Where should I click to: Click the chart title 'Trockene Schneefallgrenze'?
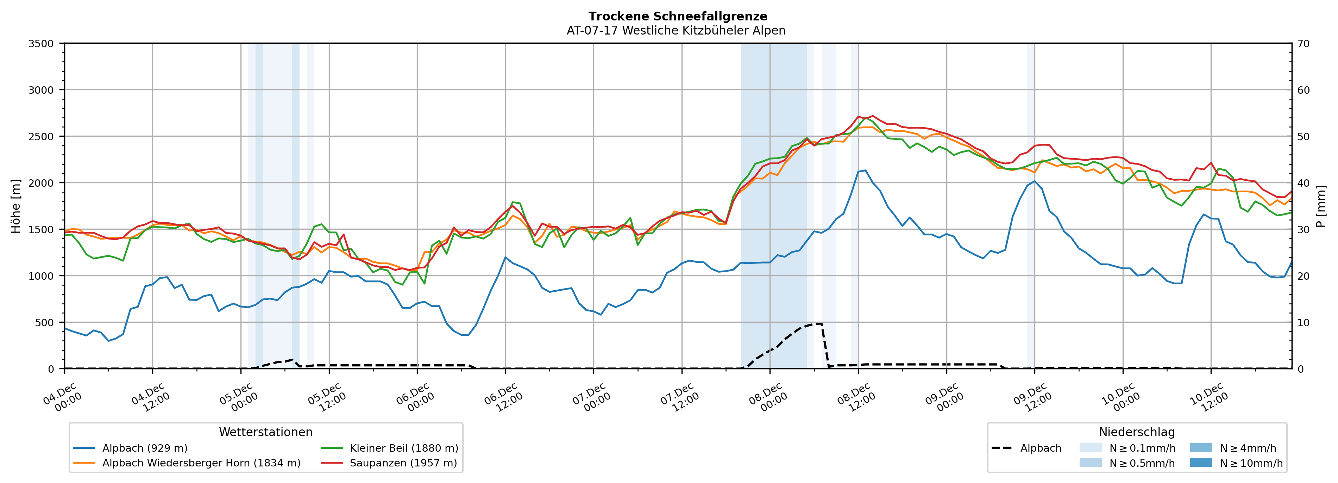click(677, 17)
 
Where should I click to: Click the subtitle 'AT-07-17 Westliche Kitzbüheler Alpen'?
click(676, 31)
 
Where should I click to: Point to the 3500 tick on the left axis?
click(41, 44)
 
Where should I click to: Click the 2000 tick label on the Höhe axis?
click(41, 183)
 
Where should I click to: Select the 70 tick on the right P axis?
click(1303, 44)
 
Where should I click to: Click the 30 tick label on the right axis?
click(1303, 230)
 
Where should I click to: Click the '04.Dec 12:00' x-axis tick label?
click(150, 398)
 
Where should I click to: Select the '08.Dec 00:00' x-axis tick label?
click(767, 398)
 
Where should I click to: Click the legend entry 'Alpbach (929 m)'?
click(144, 448)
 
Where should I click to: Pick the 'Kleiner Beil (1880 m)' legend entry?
click(403, 448)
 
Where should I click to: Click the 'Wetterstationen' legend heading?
click(265, 432)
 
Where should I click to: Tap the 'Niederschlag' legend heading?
click(1136, 432)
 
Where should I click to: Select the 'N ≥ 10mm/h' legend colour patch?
click(1200, 463)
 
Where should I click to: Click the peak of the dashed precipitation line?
click(818, 323)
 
